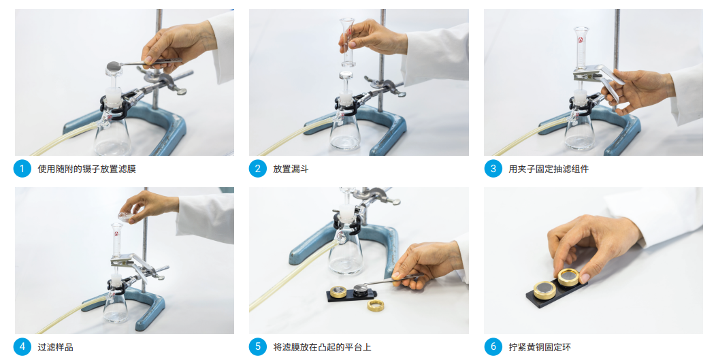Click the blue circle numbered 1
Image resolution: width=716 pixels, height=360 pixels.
coord(22,169)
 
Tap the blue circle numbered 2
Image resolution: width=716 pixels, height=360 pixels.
coord(257,169)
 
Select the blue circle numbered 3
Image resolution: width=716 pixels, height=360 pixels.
coord(493,169)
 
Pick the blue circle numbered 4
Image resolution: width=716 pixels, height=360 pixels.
coord(22,347)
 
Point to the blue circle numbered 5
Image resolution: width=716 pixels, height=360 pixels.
coord(257,347)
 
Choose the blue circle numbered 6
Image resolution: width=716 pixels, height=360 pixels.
coord(493,347)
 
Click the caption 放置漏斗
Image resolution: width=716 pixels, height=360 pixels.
coord(291,169)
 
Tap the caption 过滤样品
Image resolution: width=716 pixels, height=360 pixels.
coord(55,347)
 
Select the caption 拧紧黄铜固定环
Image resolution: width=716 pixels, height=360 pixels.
coord(540,347)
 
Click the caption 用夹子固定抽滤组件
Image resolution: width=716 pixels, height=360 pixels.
coord(549,169)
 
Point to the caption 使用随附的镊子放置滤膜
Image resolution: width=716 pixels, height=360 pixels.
coord(86,169)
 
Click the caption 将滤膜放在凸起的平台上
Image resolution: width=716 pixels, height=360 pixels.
coord(323,347)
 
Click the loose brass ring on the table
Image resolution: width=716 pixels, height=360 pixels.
coord(376,305)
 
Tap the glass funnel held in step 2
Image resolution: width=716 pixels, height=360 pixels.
coord(348,42)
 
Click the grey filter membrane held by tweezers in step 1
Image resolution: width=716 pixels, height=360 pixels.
coord(114,65)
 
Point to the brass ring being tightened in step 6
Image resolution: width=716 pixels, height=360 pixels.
coord(568,277)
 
